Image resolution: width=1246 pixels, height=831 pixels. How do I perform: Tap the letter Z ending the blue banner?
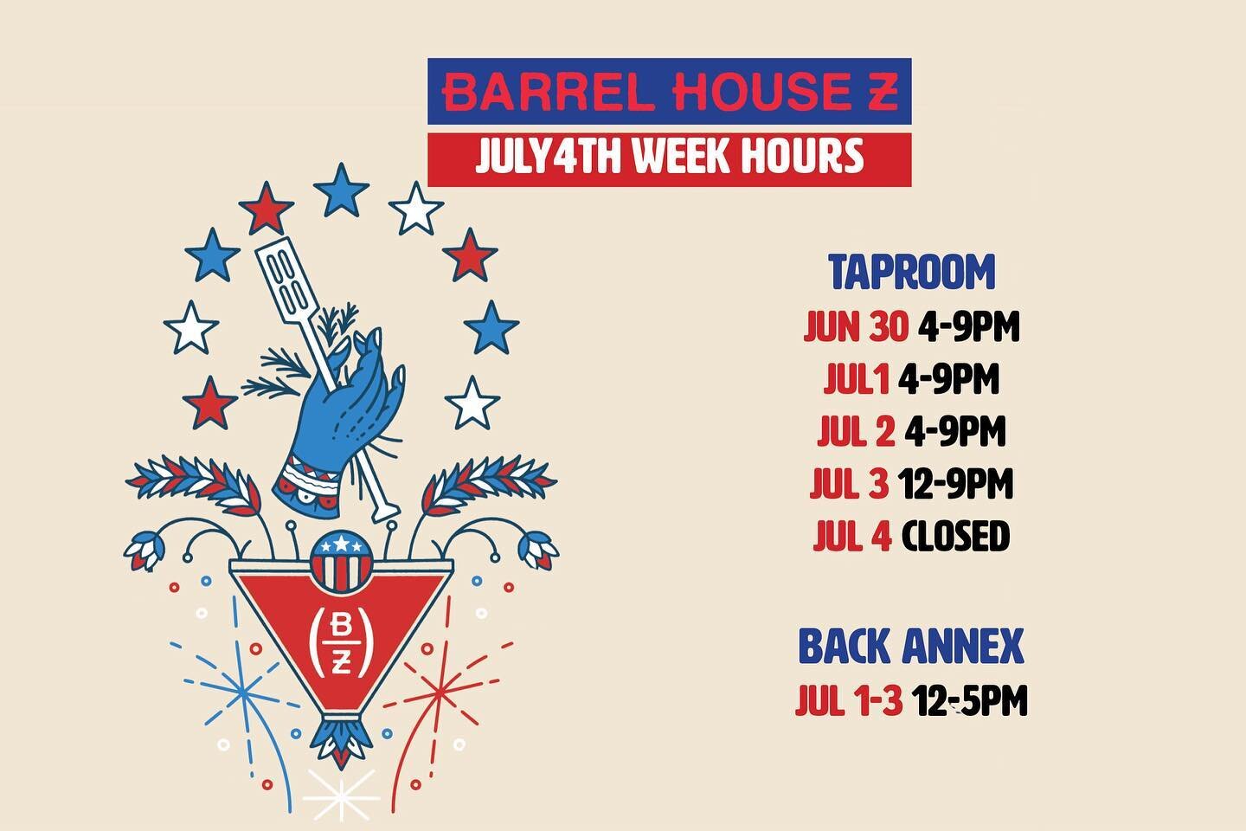pyautogui.click(x=881, y=93)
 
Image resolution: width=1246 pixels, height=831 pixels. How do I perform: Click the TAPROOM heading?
pyautogui.click(x=912, y=273)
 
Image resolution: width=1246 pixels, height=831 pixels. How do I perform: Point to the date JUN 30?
pyautogui.click(x=856, y=328)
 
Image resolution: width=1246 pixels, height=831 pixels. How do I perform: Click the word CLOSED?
pyautogui.click(x=955, y=537)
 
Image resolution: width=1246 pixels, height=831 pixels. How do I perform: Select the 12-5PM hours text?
pyautogui.click(x=970, y=700)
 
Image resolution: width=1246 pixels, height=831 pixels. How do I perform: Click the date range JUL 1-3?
pyautogui.click(x=848, y=700)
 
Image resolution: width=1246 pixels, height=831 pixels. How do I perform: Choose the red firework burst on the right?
pyautogui.click(x=446, y=692)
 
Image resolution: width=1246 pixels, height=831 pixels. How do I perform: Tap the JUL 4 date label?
pyautogui.click(x=851, y=537)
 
